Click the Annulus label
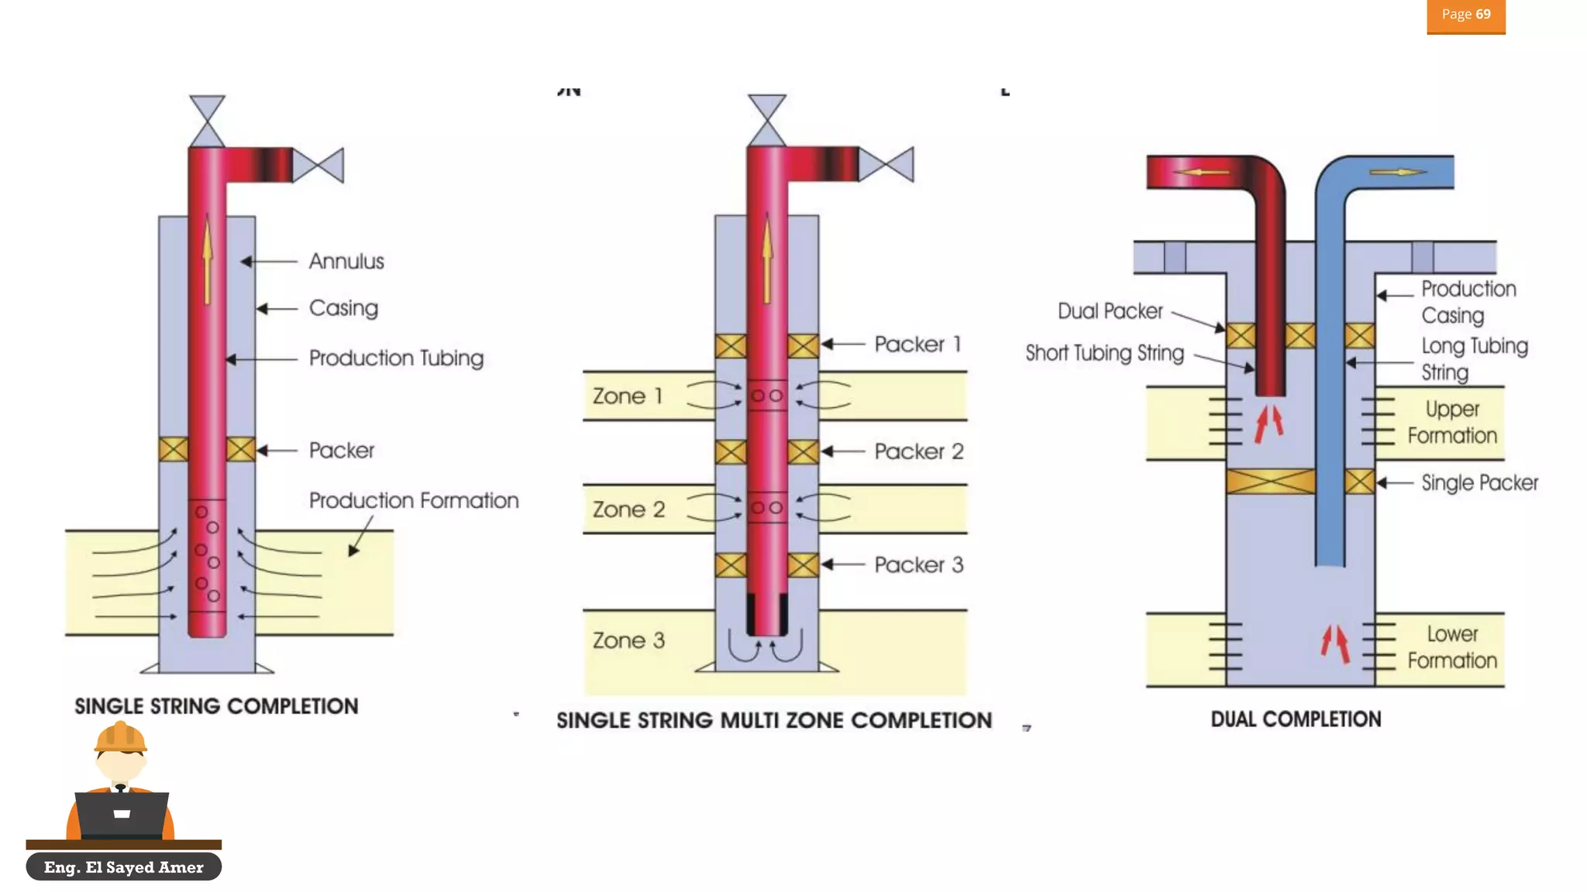[346, 262]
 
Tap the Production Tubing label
[396, 359]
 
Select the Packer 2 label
[918, 451]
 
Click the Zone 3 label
[628, 641]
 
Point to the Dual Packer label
[1110, 311]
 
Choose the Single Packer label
[1479, 483]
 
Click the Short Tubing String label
[1104, 353]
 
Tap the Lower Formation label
[1451, 647]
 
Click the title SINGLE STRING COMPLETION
[216, 706]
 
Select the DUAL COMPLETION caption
[1296, 719]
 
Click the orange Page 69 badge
[1465, 15]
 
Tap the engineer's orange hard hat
[120, 737]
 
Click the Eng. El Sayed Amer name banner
[123, 867]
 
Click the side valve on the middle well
[886, 165]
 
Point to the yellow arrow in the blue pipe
[1397, 172]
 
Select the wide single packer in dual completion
[1271, 482]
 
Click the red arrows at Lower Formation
[1335, 643]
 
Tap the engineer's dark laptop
[122, 815]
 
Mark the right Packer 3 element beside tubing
[803, 565]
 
